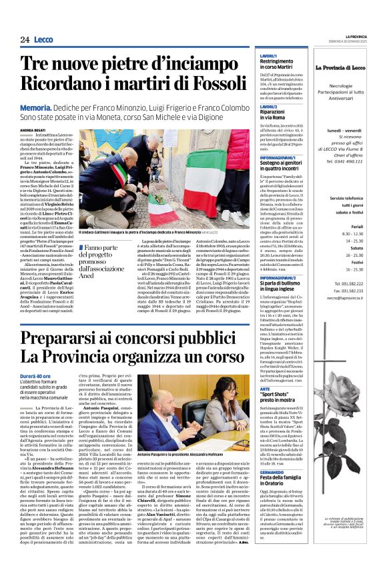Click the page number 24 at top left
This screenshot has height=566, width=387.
[x=25, y=40]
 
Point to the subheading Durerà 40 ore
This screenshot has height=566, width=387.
[x=54, y=376]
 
